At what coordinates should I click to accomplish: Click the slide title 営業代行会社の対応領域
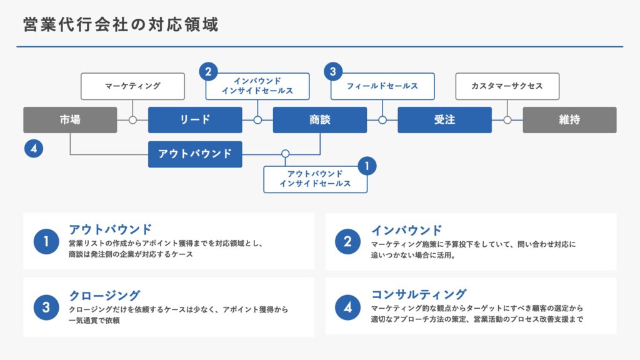tap(121, 24)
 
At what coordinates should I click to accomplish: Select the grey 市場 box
tap(70, 120)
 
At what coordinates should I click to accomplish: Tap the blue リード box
tap(195, 120)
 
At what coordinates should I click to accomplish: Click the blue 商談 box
tap(320, 120)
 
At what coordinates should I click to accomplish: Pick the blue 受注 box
tap(444, 120)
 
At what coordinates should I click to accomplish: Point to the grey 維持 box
tap(569, 120)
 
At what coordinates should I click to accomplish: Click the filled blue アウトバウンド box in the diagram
tap(195, 154)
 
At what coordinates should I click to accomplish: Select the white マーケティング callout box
tap(132, 86)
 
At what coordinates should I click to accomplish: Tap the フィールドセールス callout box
tap(382, 86)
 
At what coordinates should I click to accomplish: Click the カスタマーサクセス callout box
tap(507, 86)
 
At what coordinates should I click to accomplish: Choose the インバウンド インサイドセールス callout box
tap(257, 86)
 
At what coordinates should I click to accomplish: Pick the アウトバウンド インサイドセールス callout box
tap(316, 179)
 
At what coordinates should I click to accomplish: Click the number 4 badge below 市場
tap(34, 149)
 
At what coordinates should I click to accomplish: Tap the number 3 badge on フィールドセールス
tap(333, 71)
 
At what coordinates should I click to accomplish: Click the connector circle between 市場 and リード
tap(132, 120)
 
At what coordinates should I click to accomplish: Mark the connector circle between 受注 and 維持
tap(507, 120)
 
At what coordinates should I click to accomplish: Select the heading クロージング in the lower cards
tap(105, 295)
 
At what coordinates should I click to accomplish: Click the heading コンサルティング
tap(419, 294)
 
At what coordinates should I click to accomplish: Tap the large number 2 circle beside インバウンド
tap(347, 242)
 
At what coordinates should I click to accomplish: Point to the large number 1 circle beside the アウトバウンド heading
tap(46, 242)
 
